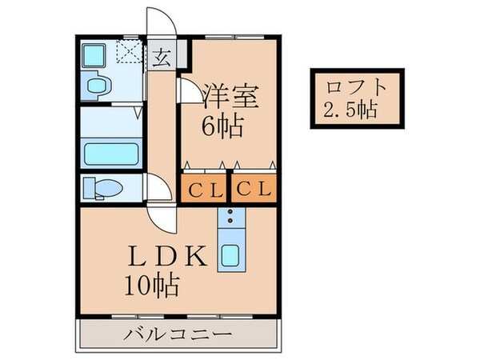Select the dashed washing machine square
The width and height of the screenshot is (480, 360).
[128, 54]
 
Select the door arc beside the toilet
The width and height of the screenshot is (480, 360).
[158, 190]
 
